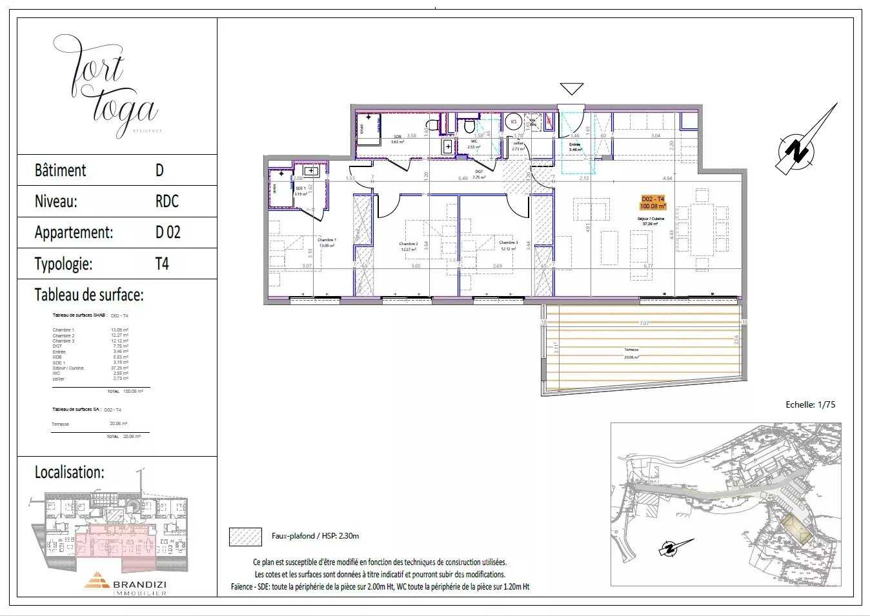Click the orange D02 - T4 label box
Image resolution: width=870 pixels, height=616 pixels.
click(x=652, y=203)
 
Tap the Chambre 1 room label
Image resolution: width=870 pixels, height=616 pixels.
click(x=327, y=243)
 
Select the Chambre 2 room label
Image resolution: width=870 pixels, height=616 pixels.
click(x=409, y=246)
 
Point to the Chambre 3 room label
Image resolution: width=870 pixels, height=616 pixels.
click(x=508, y=245)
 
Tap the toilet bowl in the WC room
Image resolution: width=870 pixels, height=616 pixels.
click(x=469, y=124)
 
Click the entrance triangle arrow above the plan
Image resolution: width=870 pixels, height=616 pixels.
click(x=572, y=89)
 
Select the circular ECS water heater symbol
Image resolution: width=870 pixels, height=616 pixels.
click(x=514, y=121)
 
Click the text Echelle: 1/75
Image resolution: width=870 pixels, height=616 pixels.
click(x=810, y=404)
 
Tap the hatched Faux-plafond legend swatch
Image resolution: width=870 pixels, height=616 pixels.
click(x=245, y=537)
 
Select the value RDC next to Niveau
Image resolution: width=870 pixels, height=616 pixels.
click(x=167, y=201)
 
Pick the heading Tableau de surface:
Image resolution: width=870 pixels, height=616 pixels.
click(x=89, y=295)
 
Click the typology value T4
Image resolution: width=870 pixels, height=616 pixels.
click(x=162, y=264)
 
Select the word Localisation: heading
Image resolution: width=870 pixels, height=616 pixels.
click(x=69, y=472)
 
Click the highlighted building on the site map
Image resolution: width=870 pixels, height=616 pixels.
click(x=797, y=529)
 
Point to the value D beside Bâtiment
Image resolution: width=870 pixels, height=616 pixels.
click(x=159, y=170)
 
